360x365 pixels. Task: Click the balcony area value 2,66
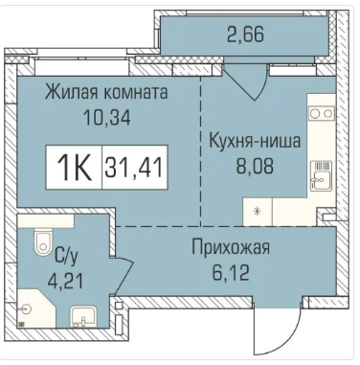[246, 34]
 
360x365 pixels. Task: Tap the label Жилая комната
[106, 93]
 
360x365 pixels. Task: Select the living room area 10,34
[106, 118]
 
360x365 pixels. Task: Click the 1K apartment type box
[74, 168]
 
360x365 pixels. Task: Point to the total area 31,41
[135, 168]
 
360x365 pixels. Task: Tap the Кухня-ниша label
[255, 141]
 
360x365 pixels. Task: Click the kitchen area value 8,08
[255, 166]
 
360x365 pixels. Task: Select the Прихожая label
[231, 248]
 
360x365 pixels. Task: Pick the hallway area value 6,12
[231, 273]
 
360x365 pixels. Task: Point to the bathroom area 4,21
[65, 281]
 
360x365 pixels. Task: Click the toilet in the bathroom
[42, 242]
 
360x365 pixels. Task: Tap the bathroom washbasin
[83, 317]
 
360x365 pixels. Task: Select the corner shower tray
[34, 308]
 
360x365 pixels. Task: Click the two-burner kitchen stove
[322, 113]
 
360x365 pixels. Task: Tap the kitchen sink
[321, 176]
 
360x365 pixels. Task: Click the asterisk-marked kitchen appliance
[258, 212]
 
